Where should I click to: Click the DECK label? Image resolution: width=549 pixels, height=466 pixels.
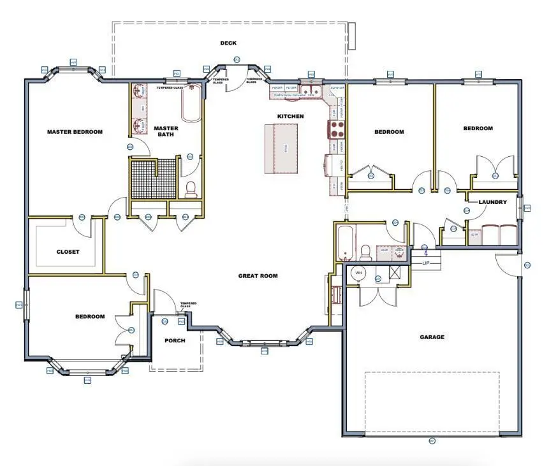[228, 43]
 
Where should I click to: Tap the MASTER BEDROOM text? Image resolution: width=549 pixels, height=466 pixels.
[75, 132]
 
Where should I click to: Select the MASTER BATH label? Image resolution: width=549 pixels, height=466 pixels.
[166, 131]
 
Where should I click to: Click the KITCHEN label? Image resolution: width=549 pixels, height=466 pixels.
[290, 116]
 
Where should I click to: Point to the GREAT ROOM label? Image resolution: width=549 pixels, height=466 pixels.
[258, 276]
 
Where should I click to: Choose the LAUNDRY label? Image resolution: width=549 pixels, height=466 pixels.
[493, 202]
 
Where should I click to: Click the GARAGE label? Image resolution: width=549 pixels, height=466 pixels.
[432, 337]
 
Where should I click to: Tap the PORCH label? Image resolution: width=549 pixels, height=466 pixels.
[175, 340]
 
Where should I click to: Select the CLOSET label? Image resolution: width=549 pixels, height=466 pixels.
[68, 252]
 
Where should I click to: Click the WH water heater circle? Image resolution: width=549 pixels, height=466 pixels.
[358, 273]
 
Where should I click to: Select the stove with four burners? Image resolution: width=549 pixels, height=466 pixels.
[336, 129]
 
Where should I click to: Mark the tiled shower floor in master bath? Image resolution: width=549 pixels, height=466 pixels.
[153, 179]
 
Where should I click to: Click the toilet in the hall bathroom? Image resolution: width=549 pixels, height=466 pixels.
[367, 252]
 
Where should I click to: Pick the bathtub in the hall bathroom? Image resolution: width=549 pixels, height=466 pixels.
[345, 243]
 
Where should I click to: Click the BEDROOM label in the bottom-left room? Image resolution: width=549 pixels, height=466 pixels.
[90, 316]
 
